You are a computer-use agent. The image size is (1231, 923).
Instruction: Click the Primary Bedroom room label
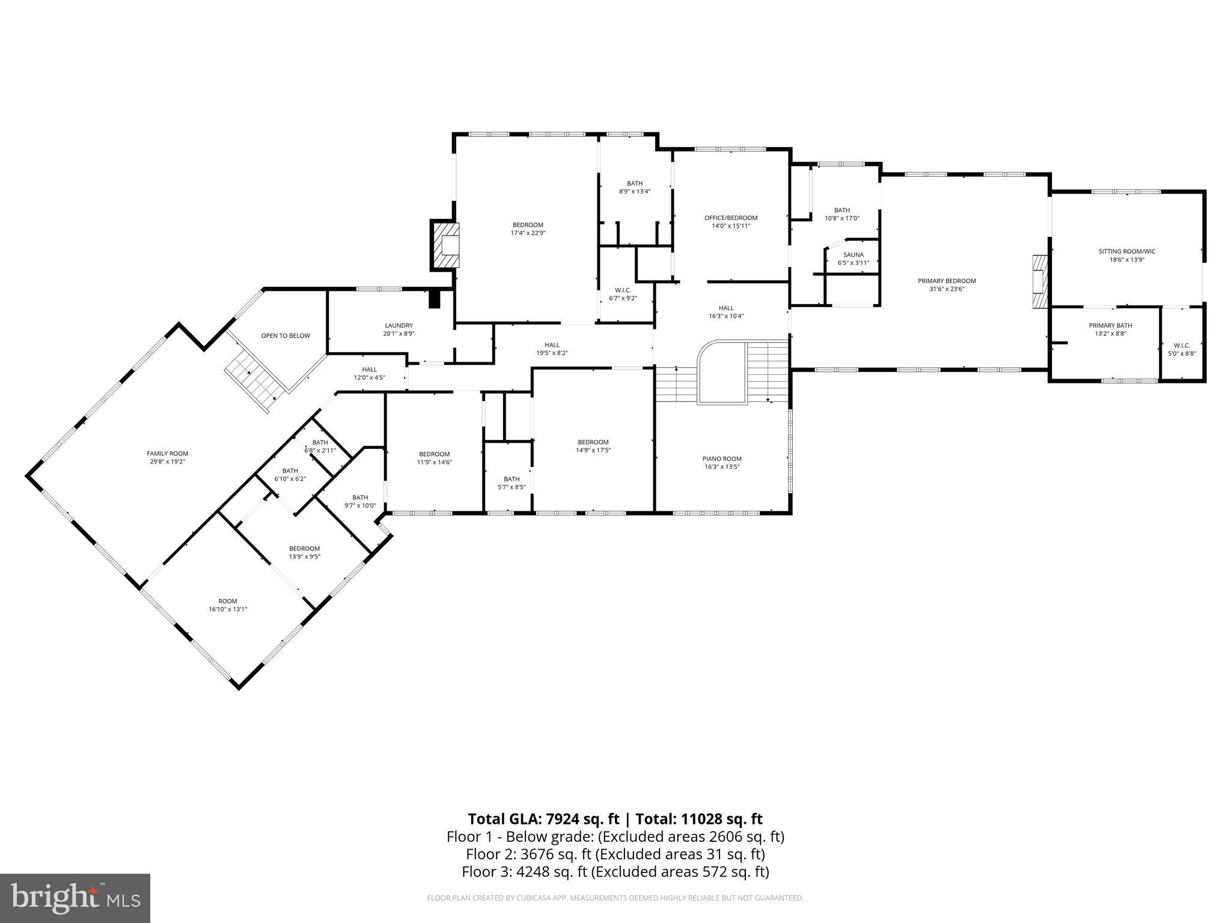click(x=947, y=281)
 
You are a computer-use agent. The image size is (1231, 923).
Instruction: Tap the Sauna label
click(x=853, y=255)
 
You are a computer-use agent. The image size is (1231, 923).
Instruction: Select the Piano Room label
click(x=722, y=458)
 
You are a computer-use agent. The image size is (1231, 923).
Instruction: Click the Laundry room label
click(x=399, y=325)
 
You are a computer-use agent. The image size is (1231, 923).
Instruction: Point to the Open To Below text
click(x=286, y=335)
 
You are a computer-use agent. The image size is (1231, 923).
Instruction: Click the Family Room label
click(x=167, y=454)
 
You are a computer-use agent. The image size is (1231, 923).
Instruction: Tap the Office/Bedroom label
click(x=730, y=218)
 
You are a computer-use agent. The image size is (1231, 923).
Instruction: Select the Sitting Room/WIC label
click(x=1126, y=251)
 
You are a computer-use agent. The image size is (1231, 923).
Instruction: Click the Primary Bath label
click(x=1110, y=325)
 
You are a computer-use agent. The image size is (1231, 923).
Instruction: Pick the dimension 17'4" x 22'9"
click(x=528, y=233)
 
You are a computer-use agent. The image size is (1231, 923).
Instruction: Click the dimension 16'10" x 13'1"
click(x=228, y=609)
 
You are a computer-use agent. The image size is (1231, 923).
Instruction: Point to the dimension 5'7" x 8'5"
click(x=512, y=487)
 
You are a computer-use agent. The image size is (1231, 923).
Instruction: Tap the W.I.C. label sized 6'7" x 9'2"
click(x=623, y=290)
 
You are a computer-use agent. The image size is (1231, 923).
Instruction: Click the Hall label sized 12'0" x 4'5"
click(x=369, y=370)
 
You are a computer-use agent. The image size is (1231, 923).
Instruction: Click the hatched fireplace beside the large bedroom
click(x=445, y=245)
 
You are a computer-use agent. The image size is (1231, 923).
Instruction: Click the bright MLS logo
click(x=75, y=898)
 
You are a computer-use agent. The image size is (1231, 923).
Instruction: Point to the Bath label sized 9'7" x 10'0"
click(x=359, y=497)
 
